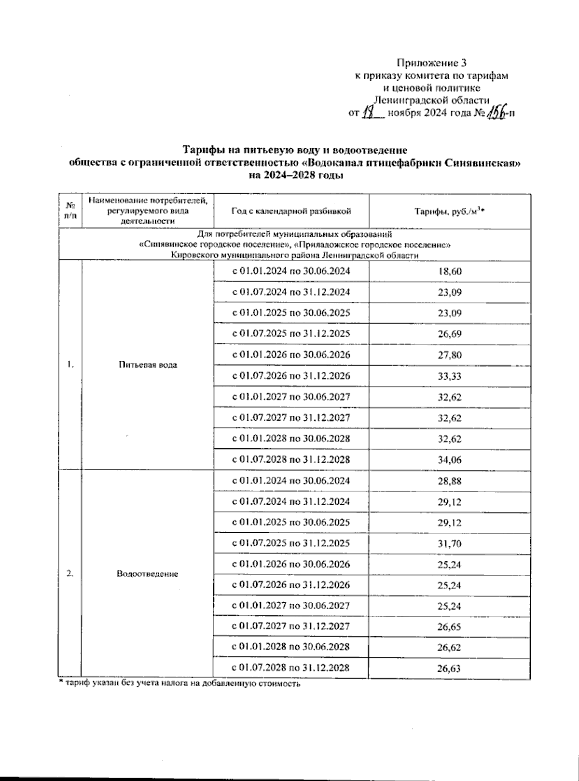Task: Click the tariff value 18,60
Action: [450, 271]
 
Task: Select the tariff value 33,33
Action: [450, 376]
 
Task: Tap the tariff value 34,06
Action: [450, 460]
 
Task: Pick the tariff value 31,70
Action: [450, 544]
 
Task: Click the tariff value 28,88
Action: [450, 481]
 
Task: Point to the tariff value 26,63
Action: [450, 669]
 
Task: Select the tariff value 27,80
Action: [450, 355]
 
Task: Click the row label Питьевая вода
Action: [148, 365]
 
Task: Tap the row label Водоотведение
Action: [148, 574]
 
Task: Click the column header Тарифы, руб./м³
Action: [450, 211]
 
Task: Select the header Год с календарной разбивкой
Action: [291, 211]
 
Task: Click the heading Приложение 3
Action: [432, 63]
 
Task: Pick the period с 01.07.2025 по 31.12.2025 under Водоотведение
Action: [291, 543]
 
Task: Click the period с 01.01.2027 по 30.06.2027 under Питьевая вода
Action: [291, 397]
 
